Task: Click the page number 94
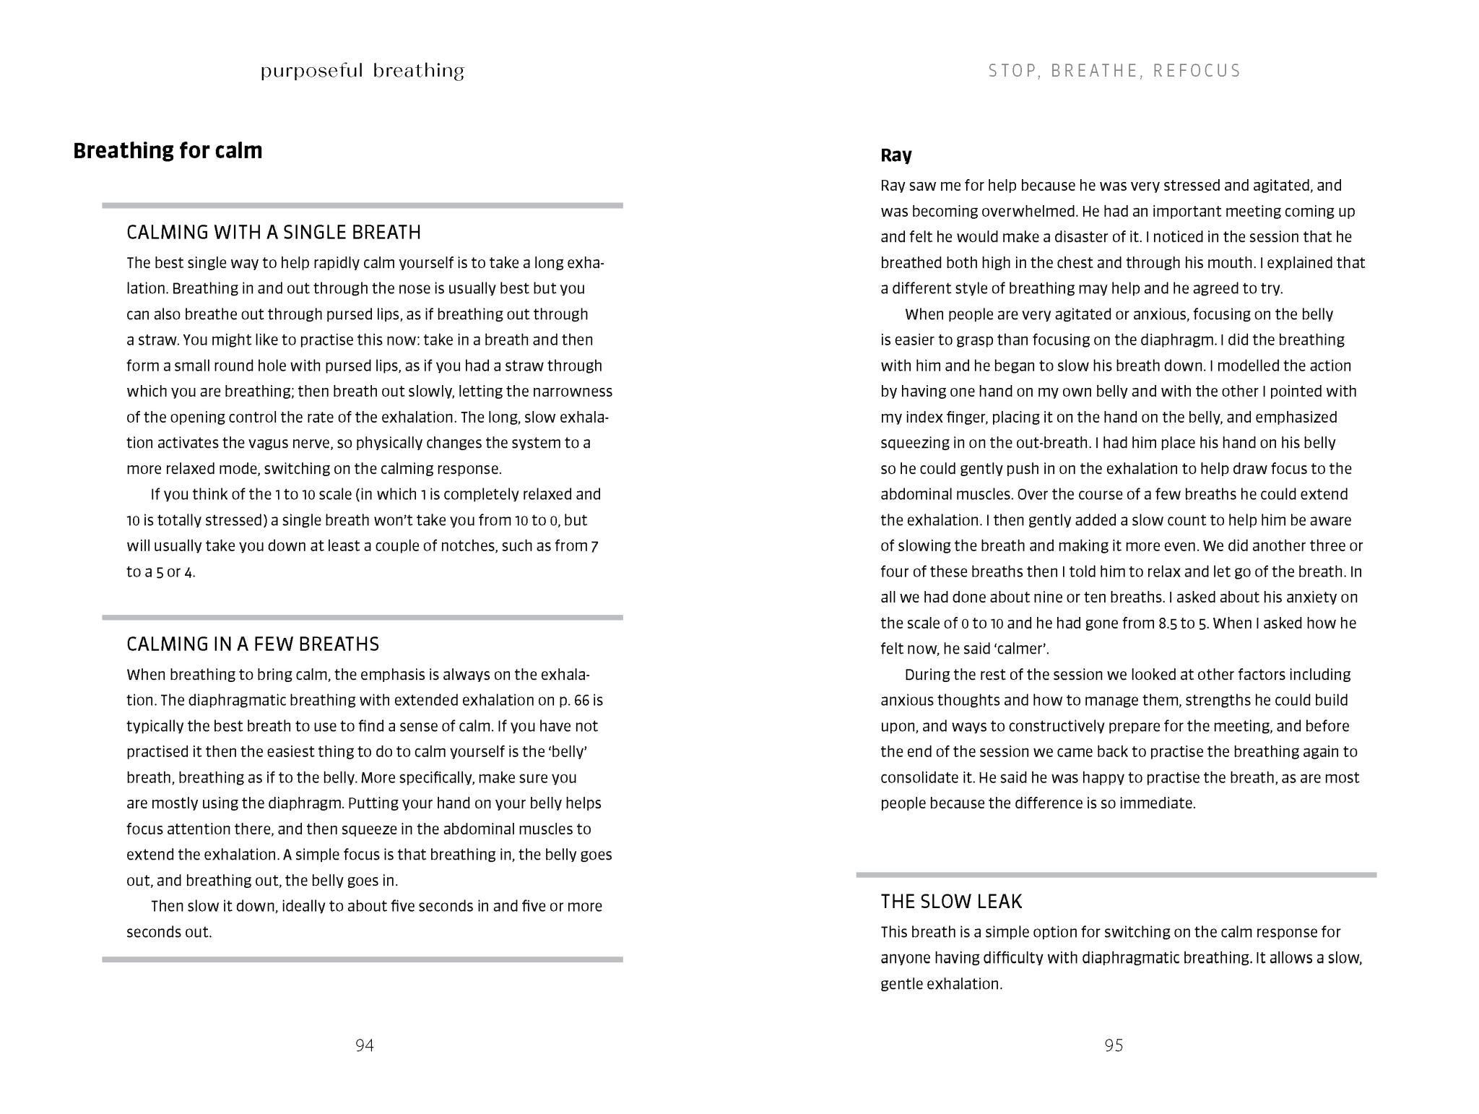coord(365,1045)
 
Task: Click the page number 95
coord(1114,1045)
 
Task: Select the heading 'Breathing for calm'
coord(168,150)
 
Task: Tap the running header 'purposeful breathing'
coord(362,71)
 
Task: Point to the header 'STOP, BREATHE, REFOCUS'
coord(1114,71)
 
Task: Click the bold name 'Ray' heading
coord(896,155)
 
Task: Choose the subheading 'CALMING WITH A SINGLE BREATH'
coord(274,232)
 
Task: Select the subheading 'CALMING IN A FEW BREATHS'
coord(253,644)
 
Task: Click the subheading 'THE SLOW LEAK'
coord(951,901)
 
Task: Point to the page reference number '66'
coord(581,700)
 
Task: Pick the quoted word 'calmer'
coord(1021,649)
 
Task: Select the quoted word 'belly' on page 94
coord(568,751)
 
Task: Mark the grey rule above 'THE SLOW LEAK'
coord(1116,875)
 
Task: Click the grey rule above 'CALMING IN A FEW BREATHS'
coord(362,618)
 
